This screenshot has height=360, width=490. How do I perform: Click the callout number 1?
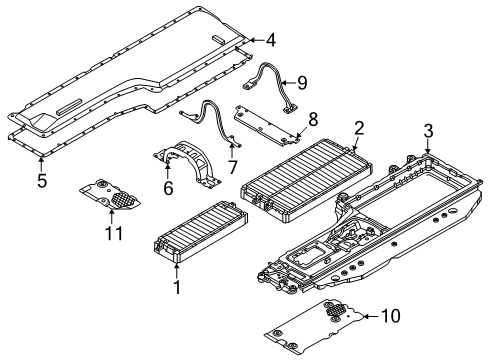coord(178,287)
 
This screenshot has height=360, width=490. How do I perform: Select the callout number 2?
coord(359,128)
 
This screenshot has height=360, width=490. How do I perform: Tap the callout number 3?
coord(428,129)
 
